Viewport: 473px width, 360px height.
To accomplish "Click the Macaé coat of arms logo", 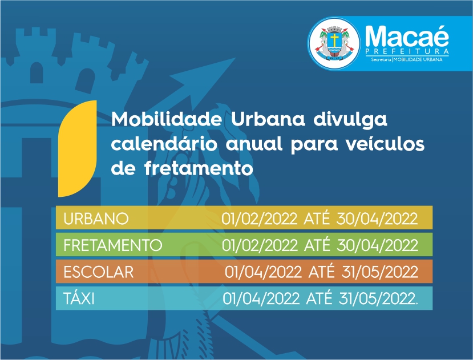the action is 334,43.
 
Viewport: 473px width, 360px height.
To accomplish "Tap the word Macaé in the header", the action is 407,36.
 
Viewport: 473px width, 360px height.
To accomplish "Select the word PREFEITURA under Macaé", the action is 407,51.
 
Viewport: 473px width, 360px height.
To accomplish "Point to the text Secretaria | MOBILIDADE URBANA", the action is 407,59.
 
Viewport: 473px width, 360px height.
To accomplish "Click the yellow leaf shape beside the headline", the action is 78,148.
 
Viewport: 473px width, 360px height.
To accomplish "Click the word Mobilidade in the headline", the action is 167,119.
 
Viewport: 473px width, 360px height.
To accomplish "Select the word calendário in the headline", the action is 164,144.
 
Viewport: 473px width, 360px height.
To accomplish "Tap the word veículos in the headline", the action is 385,144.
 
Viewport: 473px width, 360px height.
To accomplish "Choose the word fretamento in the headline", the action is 199,168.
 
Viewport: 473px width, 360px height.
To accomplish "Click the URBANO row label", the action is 96,219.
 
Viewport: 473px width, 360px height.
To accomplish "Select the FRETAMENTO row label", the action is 113,245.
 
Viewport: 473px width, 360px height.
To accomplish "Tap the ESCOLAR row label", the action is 98,272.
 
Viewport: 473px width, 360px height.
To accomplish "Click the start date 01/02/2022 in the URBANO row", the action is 260,219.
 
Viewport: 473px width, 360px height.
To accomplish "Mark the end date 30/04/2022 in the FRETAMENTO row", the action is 377,245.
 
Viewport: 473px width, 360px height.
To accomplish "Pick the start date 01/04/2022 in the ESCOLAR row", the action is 263,272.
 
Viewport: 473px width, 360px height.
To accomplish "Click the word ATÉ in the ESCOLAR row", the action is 321,270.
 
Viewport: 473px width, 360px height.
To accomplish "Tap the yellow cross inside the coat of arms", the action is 334,40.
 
